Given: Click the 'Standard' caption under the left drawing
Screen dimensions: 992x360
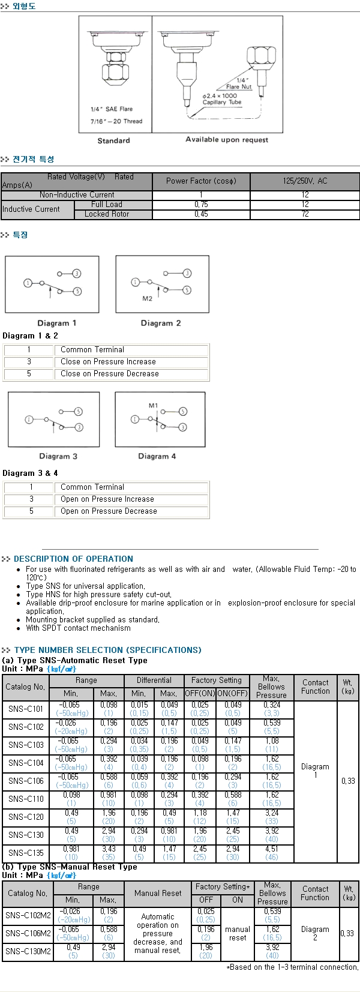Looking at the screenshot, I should [x=113, y=140].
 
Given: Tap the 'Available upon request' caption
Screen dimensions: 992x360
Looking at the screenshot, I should [x=227, y=140].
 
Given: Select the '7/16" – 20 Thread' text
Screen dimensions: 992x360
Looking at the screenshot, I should [x=116, y=121].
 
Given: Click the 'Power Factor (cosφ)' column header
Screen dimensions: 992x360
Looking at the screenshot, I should [x=201, y=181].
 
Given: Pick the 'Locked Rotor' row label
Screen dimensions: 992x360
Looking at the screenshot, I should [x=107, y=214].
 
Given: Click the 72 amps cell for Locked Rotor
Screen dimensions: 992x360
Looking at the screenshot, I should [x=305, y=214].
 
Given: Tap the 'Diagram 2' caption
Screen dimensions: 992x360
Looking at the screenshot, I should [x=161, y=323].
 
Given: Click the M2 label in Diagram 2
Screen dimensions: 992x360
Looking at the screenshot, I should [x=147, y=298].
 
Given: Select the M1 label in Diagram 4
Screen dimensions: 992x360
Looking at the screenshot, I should [x=153, y=406].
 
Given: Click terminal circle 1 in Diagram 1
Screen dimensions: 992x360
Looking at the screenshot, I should [x=28, y=283].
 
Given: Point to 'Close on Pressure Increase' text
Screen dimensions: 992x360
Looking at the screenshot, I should [x=108, y=362].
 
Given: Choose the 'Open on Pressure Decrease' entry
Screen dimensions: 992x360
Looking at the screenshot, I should [x=109, y=511].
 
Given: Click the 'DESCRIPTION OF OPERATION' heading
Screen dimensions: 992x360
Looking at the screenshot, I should [x=73, y=559].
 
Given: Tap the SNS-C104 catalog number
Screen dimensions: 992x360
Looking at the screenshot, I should [x=26, y=763].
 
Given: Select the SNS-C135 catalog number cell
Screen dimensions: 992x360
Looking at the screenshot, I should [x=26, y=853].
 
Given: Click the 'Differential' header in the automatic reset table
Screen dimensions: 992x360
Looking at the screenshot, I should [x=154, y=681].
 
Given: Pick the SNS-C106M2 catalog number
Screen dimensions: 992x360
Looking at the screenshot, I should [x=28, y=933].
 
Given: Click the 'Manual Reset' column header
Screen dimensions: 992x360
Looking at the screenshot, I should [x=158, y=893].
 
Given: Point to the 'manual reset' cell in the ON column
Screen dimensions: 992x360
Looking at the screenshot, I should [x=238, y=933].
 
